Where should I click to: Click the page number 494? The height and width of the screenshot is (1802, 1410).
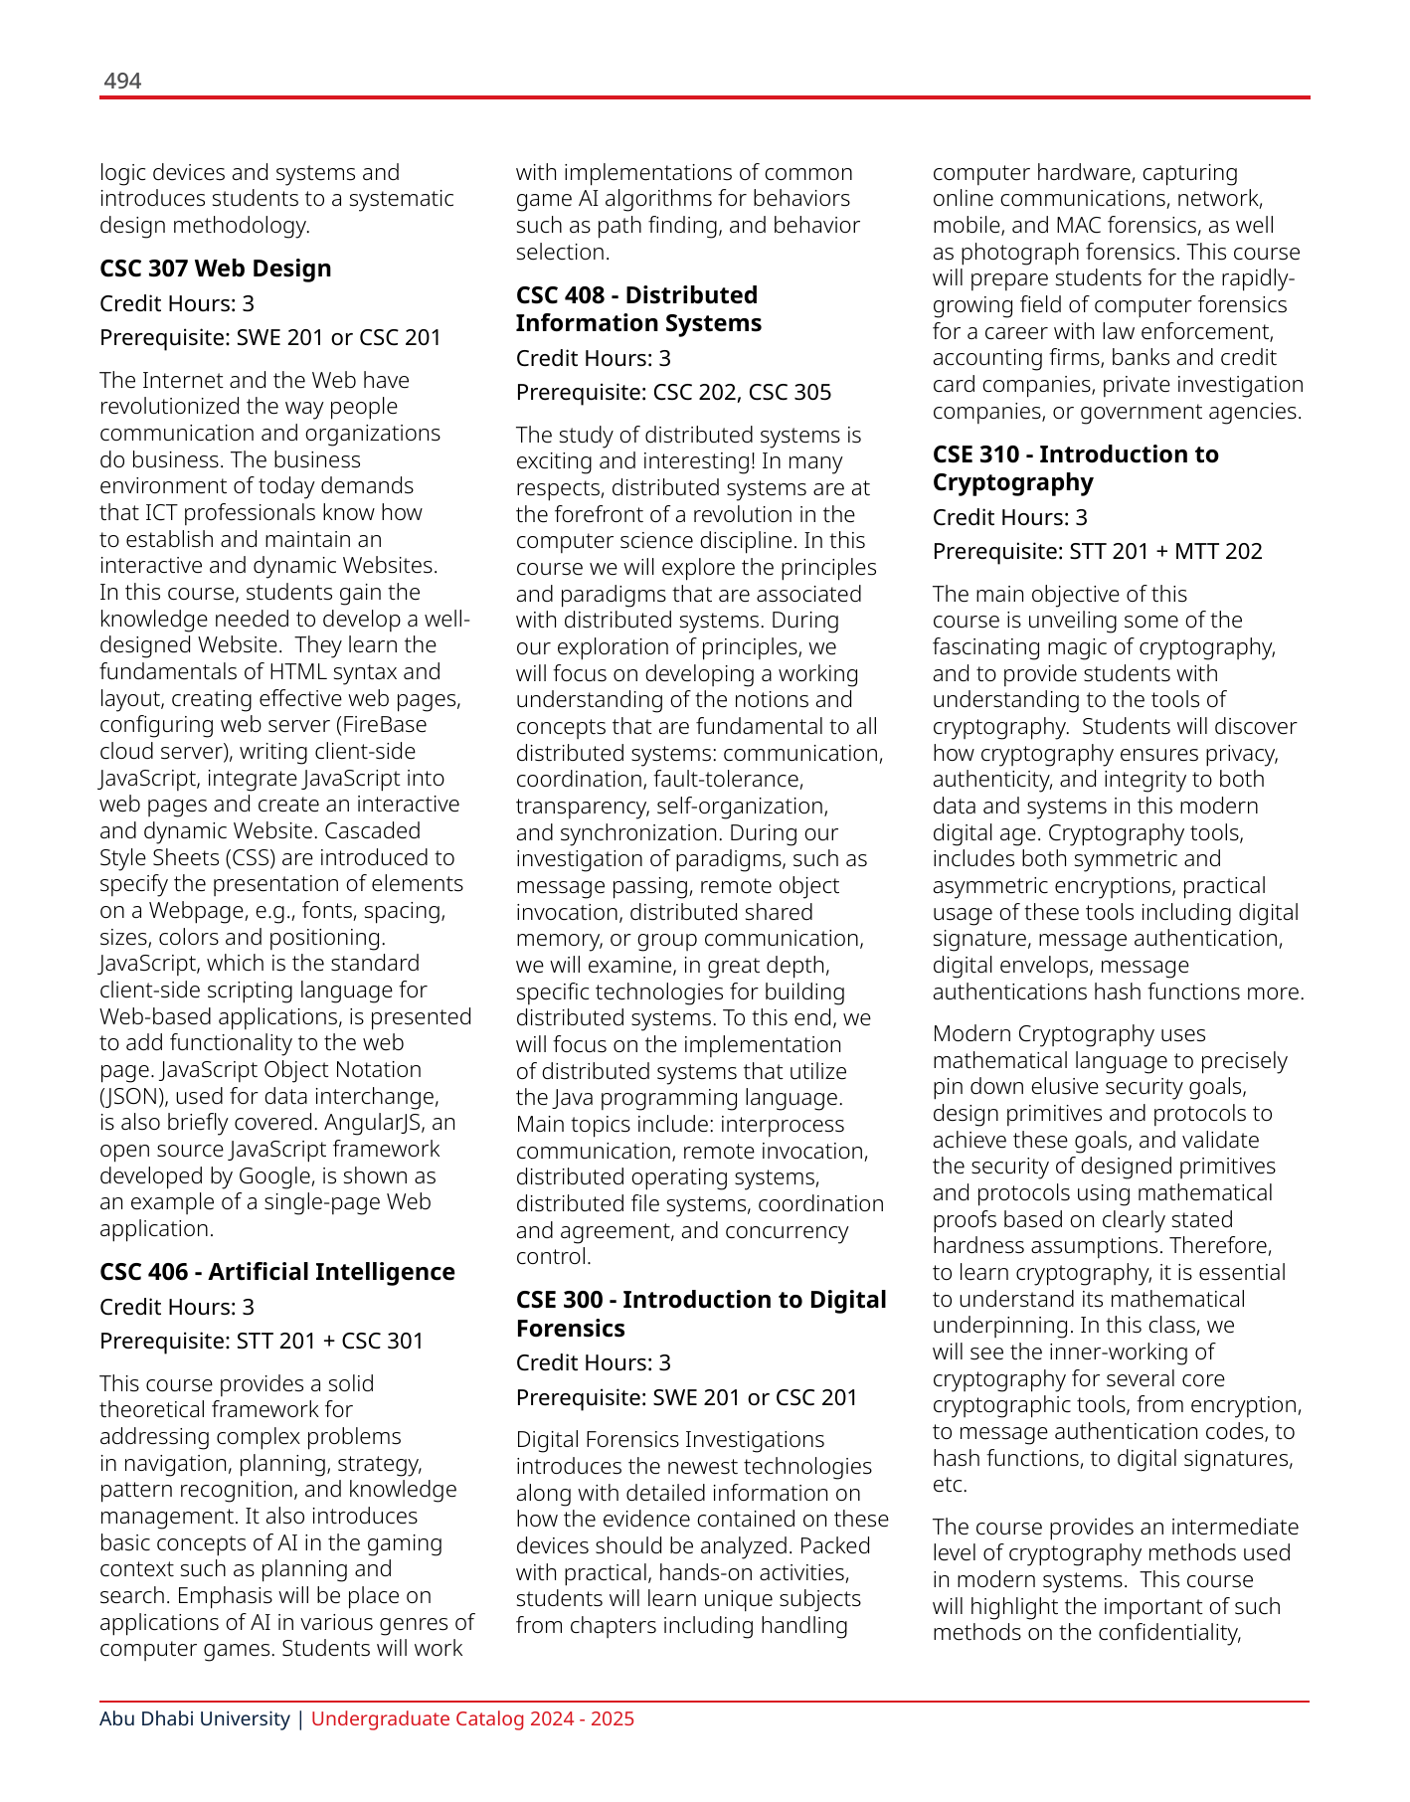pyautogui.click(x=122, y=82)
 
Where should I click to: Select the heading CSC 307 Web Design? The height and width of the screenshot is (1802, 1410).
pyautogui.click(x=215, y=269)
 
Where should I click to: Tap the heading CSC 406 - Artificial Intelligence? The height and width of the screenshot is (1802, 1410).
pyautogui.click(x=276, y=1272)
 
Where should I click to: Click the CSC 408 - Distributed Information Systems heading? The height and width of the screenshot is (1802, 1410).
pyautogui.click(x=637, y=309)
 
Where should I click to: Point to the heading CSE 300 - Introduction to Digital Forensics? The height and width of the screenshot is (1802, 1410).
pyautogui.click(x=700, y=1314)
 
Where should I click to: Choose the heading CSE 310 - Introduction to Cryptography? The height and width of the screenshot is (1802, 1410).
pyautogui.click(x=1074, y=468)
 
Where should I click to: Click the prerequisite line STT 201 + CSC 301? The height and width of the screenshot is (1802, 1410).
pyautogui.click(x=262, y=1342)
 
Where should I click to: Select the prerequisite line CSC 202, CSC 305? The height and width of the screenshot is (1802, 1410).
pyautogui.click(x=673, y=393)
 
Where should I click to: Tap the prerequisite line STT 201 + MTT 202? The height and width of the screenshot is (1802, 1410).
pyautogui.click(x=1097, y=552)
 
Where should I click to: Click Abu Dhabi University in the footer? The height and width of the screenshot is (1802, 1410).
pyautogui.click(x=194, y=1719)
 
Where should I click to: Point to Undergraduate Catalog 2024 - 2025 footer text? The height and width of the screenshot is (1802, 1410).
pyautogui.click(x=472, y=1719)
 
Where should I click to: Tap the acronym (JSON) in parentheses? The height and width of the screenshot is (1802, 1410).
pyautogui.click(x=132, y=1097)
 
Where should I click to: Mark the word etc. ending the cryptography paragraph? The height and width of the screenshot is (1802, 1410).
pyautogui.click(x=949, y=1486)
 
